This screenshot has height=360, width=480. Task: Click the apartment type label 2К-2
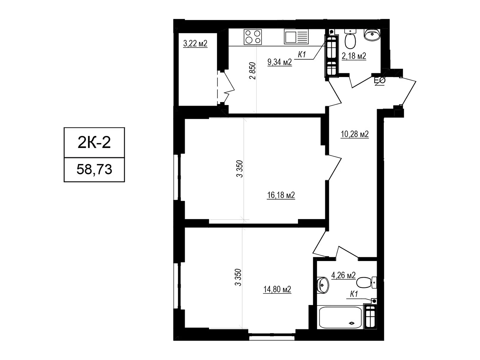click(x=94, y=142)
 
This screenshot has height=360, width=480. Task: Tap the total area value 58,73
click(x=94, y=169)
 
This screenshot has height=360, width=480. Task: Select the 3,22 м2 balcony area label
click(x=195, y=43)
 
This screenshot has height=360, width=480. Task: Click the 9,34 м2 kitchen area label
click(x=280, y=62)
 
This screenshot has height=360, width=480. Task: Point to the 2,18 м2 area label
click(x=354, y=56)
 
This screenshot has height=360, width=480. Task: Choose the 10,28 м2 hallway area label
click(x=355, y=134)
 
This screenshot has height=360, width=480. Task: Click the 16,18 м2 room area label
click(x=281, y=195)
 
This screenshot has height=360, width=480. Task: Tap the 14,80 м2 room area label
click(x=277, y=289)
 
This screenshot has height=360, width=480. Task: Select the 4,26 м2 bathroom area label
click(x=343, y=275)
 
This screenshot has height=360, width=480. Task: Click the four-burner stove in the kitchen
click(x=253, y=37)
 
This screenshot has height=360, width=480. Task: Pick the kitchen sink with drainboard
click(x=296, y=37)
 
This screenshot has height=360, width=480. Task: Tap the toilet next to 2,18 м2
click(x=350, y=39)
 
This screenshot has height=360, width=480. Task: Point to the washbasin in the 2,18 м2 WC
click(x=372, y=34)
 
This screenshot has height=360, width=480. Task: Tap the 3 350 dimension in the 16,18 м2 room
click(x=239, y=169)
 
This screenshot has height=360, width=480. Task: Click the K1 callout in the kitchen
click(x=302, y=54)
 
